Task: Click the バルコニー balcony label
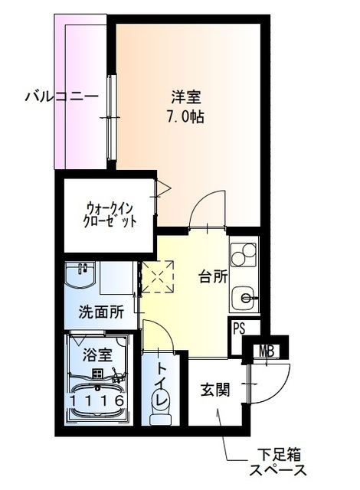[x=61, y=97]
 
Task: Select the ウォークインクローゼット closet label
[x=110, y=212]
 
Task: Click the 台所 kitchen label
[x=213, y=276]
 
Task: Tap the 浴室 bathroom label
[x=98, y=354]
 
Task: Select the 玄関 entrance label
[x=216, y=390]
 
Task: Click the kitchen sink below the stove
[x=244, y=295]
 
